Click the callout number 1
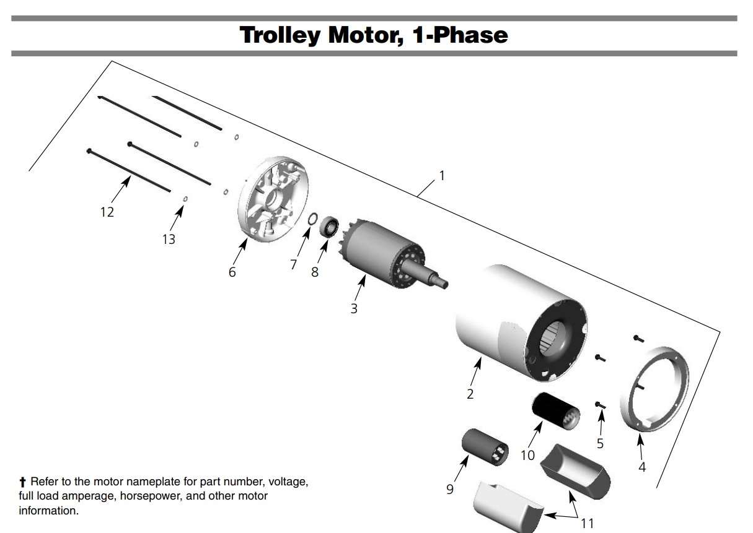click(442, 176)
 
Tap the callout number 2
click(470, 394)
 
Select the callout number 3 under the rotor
click(354, 308)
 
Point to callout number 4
click(642, 467)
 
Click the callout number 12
click(107, 212)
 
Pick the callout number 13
click(169, 239)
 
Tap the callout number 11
click(588, 523)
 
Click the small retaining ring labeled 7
click(313, 218)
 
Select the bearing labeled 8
click(329, 227)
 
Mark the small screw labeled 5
click(600, 405)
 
